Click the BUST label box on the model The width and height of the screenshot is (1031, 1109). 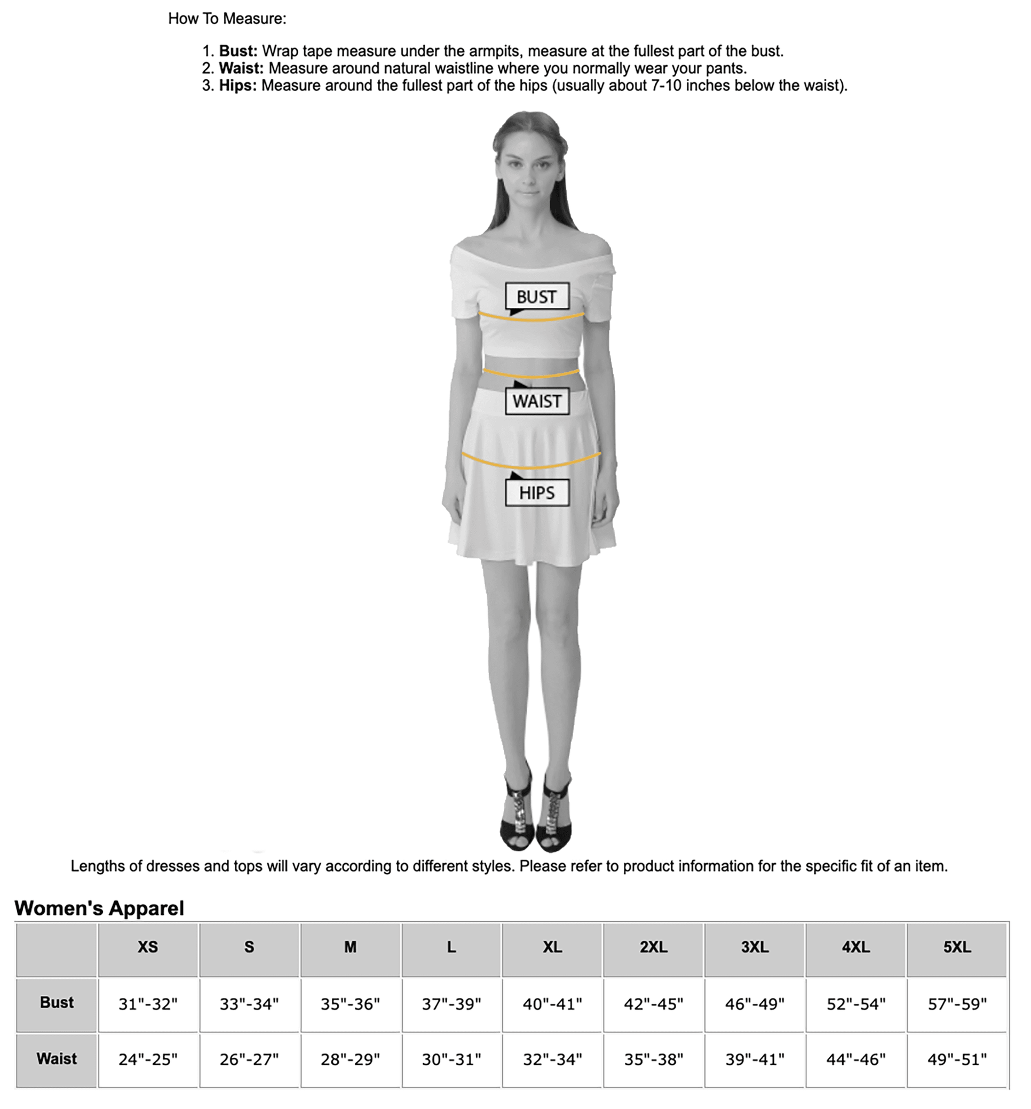click(537, 296)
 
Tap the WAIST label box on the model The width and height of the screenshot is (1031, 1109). click(537, 401)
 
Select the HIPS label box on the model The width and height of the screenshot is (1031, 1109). click(537, 492)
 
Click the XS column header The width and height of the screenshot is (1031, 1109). click(148, 947)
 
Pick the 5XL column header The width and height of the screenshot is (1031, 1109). click(957, 947)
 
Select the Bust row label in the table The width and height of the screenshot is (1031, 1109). click(57, 1002)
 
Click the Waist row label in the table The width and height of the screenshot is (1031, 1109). click(57, 1058)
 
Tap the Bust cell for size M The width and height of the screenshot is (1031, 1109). click(351, 1003)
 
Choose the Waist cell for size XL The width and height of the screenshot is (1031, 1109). click(552, 1059)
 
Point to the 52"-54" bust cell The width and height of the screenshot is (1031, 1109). click(856, 1003)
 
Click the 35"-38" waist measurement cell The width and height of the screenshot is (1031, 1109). click(653, 1059)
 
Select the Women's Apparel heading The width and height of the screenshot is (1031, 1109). click(99, 908)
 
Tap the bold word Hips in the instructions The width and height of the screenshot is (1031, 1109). click(237, 85)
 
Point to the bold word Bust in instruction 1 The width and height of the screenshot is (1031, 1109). click(237, 51)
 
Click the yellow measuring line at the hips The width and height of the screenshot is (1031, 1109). click(531, 465)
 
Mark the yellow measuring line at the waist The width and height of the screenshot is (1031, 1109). click(531, 375)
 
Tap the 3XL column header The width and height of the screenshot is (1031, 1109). click(754, 947)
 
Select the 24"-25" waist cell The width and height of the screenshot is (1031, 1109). click(148, 1059)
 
